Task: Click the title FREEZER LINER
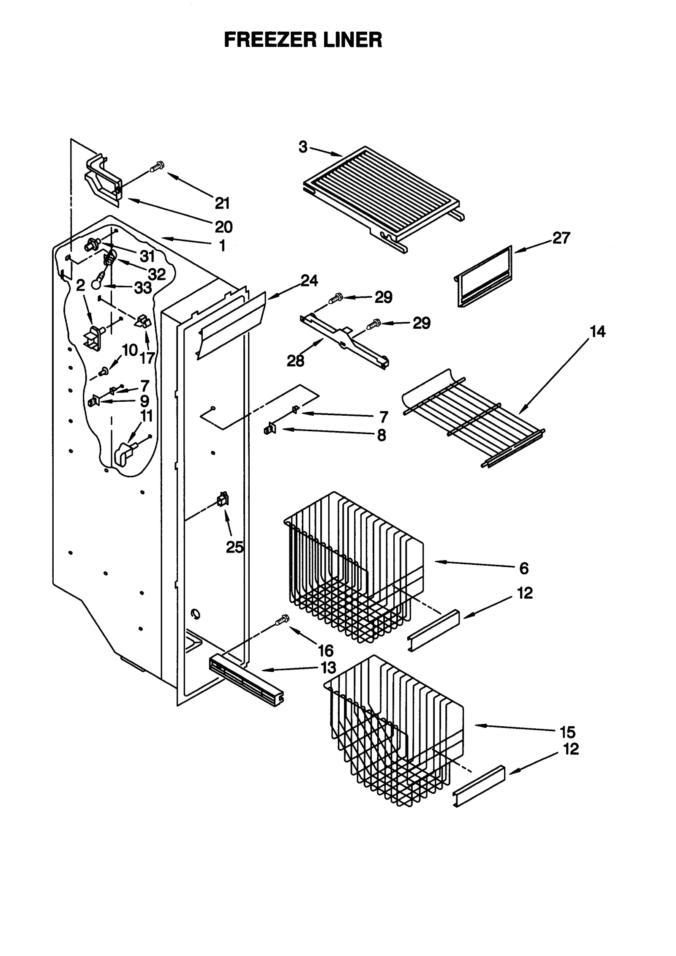point(303,40)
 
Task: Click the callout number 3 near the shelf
point(303,147)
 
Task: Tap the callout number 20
point(224,227)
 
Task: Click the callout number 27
point(561,238)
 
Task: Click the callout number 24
point(309,281)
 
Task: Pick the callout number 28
point(295,361)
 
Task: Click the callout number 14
point(597,332)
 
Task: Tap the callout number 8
point(381,435)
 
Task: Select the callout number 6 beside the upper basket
point(524,568)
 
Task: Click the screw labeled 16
point(282,620)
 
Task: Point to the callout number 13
point(328,667)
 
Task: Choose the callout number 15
point(567,732)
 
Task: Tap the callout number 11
point(146,416)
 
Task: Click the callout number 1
point(222,246)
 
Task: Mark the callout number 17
point(147,358)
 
